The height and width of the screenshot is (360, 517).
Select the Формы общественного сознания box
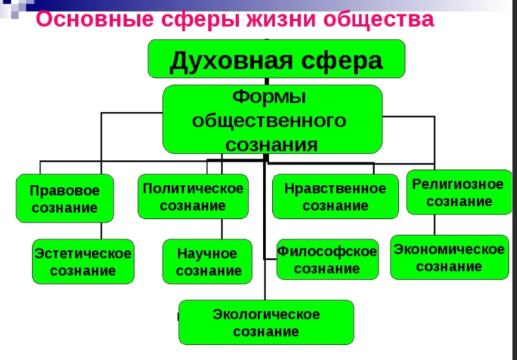[272, 120]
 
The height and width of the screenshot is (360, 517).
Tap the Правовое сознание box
[65, 199]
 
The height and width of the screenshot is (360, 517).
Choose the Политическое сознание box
[193, 196]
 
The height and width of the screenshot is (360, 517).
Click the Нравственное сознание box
[335, 196]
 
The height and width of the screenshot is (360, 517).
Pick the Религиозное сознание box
[458, 192]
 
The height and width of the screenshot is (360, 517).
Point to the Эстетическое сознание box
[83, 261]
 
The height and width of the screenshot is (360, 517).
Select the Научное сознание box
[208, 262]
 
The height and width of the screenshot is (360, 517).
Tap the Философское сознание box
[327, 260]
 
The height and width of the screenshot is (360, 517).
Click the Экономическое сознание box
[449, 257]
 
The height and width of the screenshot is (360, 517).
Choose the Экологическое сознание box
[266, 322]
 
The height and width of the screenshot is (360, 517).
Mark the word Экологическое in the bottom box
[266, 314]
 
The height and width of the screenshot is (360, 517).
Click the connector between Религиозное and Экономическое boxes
[434, 224]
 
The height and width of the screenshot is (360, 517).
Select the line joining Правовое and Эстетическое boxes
[101, 231]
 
